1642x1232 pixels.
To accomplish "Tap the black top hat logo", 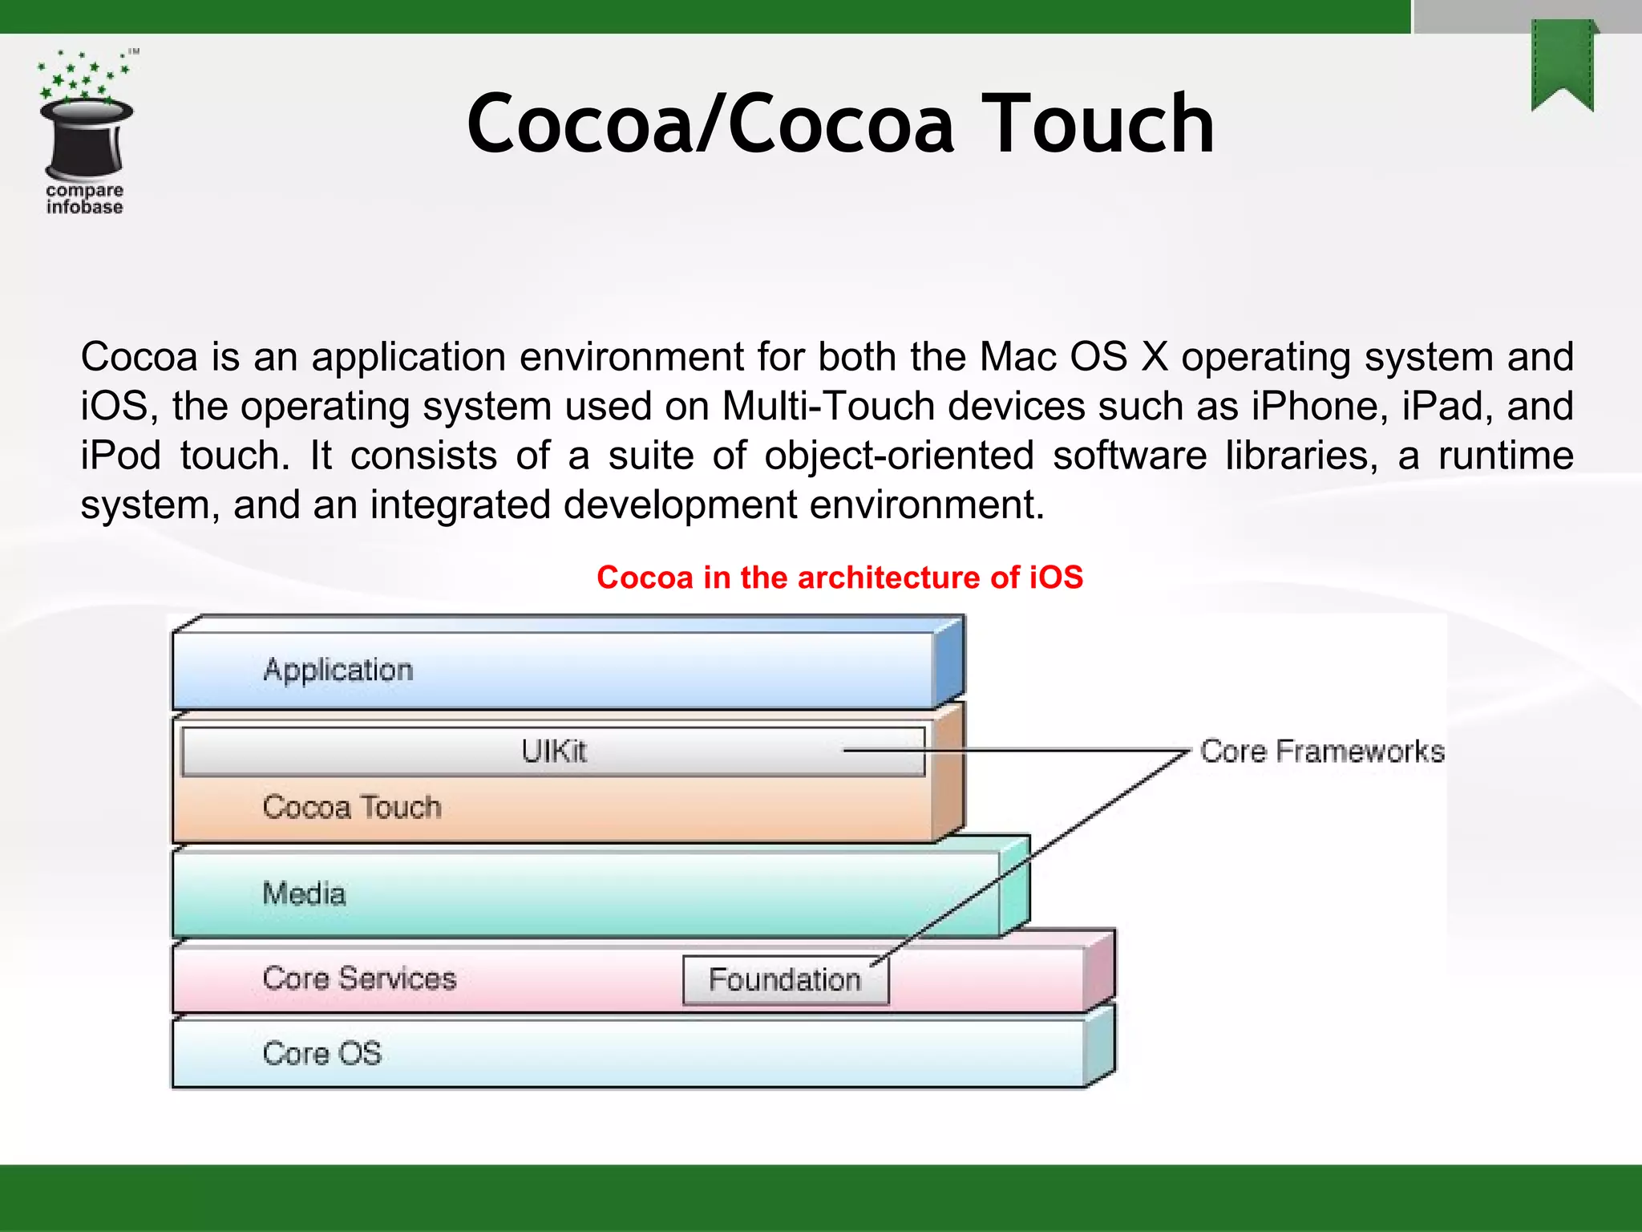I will (87, 138).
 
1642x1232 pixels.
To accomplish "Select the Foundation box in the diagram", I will (785, 980).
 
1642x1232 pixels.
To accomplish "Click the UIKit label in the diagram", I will (554, 752).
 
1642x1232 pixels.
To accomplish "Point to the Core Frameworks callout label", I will (1322, 752).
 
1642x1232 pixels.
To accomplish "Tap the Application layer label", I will (338, 670).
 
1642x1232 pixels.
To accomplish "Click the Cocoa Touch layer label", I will (352, 807).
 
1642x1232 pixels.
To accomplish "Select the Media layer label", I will (304, 894).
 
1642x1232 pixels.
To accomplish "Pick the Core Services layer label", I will (359, 979).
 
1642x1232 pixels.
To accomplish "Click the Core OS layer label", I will (322, 1053).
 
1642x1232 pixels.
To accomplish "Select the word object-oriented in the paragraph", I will (899, 456).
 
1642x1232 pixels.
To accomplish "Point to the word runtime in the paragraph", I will (1506, 456).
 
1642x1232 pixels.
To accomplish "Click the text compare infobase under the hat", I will (84, 199).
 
